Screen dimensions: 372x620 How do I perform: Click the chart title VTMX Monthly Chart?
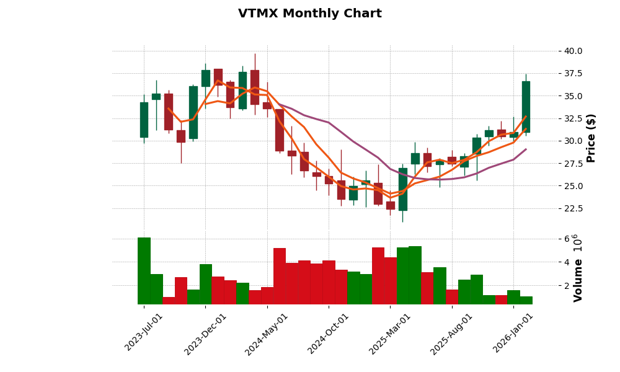tap(309, 14)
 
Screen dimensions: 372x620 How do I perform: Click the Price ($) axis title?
tap(591, 138)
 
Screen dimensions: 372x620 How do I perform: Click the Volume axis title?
tap(578, 280)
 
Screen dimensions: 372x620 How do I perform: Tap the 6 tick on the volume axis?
tap(567, 239)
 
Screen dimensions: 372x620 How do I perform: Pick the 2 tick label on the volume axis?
tap(567, 285)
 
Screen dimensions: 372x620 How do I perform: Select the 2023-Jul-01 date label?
tap(144, 332)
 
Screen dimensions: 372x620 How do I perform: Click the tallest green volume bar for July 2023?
tap(144, 270)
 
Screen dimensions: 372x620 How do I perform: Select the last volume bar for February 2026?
tap(526, 300)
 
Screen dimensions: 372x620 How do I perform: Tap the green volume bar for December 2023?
tap(205, 284)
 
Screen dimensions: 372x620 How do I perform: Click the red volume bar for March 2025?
tap(390, 280)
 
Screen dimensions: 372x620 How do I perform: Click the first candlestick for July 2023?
tap(144, 120)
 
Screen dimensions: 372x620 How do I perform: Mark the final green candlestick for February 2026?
tap(526, 107)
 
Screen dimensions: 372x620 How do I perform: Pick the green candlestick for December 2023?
tap(205, 78)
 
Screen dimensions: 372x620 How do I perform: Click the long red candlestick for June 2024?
tap(279, 130)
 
